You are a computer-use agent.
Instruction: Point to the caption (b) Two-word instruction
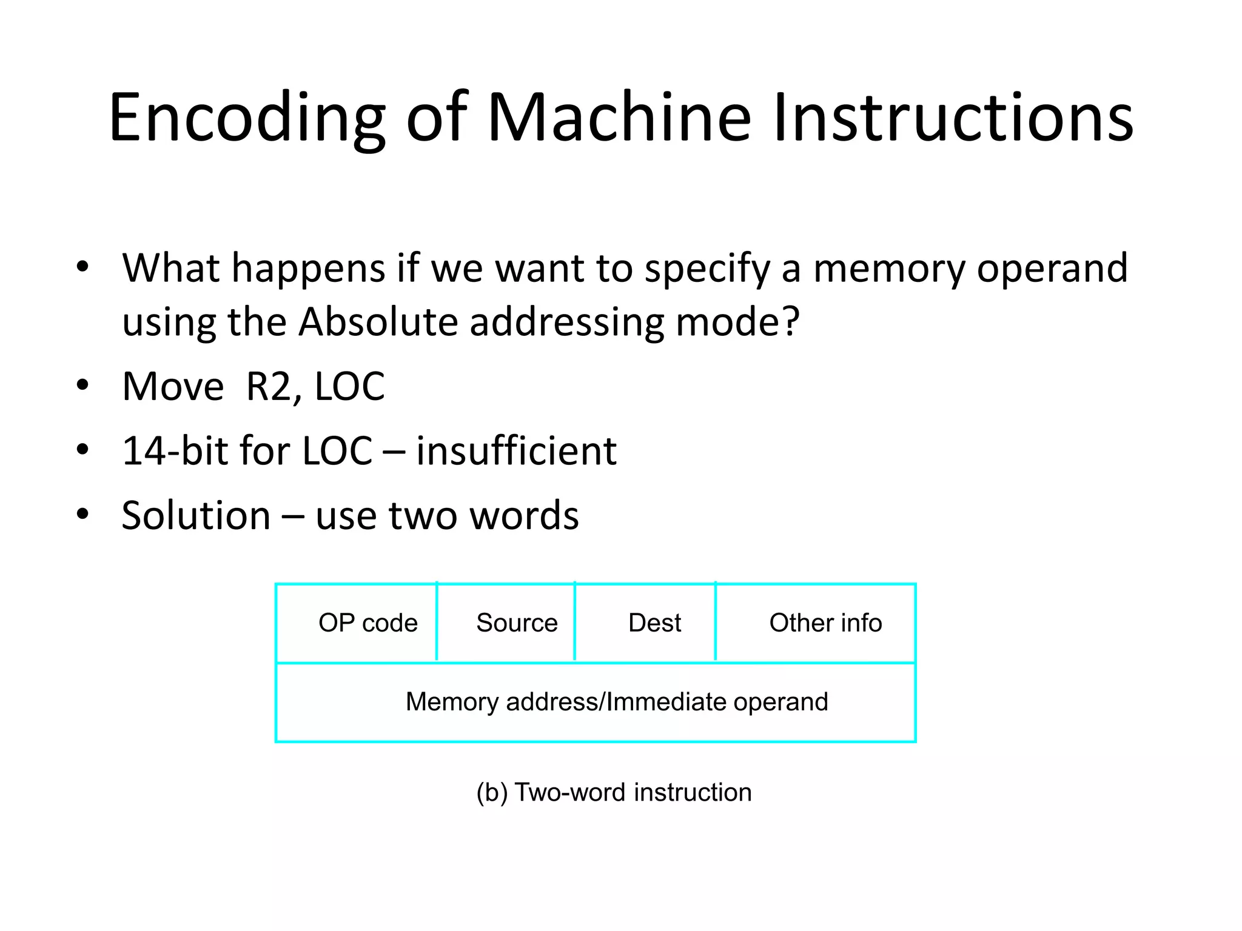coord(614,792)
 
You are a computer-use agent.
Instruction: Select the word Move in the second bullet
coord(173,387)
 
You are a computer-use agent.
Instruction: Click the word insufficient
coord(516,452)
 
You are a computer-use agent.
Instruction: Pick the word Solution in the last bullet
coord(196,516)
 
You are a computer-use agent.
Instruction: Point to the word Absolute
coord(378,322)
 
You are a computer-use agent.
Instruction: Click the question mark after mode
coord(792,322)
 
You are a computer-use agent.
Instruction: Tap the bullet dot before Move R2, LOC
coord(82,385)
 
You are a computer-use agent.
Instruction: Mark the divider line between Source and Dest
coord(574,621)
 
